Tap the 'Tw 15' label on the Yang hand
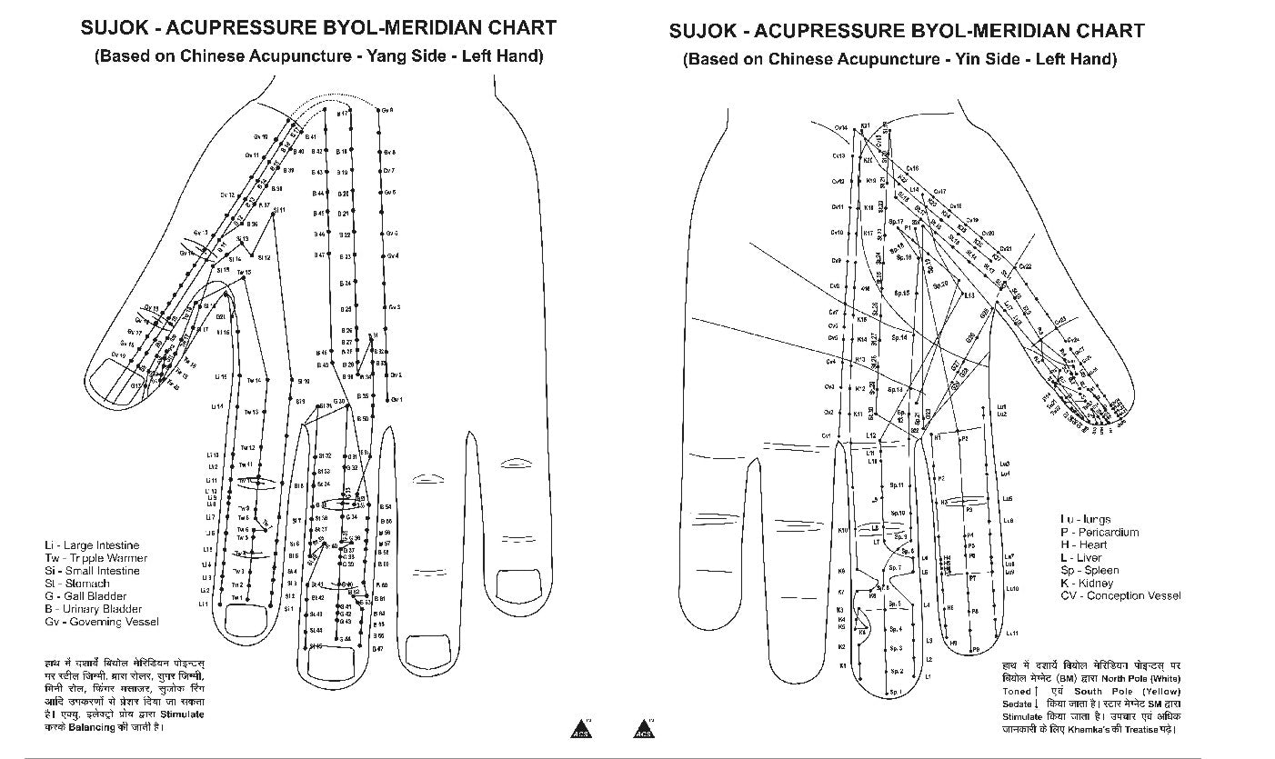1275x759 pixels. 244,272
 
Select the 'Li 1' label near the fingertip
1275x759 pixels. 204,604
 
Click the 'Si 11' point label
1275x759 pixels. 279,210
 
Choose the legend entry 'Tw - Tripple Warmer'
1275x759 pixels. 95,558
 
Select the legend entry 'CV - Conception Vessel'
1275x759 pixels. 1120,595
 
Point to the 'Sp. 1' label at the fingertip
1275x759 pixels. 896,692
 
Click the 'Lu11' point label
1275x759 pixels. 1011,633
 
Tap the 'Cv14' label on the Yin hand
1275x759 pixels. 840,128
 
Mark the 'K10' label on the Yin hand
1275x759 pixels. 843,529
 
